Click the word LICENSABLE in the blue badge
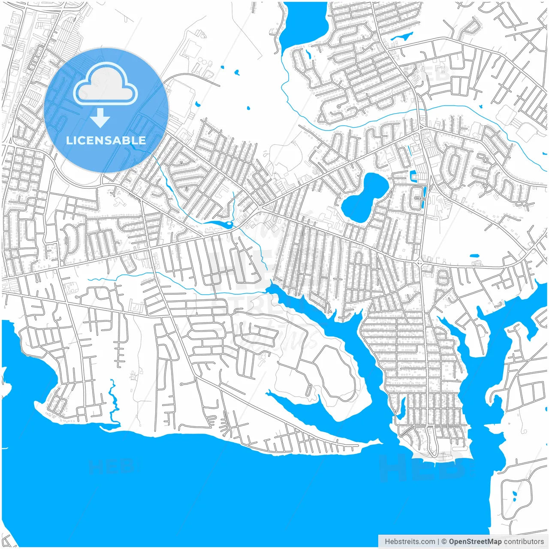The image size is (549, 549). tap(106, 140)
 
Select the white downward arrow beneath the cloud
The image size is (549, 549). tap(100, 118)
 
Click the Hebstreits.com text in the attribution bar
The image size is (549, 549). tap(410, 542)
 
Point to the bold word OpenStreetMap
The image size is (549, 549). tap(475, 542)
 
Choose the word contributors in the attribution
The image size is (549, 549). tap(524, 542)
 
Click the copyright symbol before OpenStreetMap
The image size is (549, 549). tap(444, 542)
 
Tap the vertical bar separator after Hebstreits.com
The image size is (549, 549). tap(438, 542)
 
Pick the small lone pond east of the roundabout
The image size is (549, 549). tap(474, 256)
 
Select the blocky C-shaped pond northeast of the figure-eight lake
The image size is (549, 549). tap(413, 176)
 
